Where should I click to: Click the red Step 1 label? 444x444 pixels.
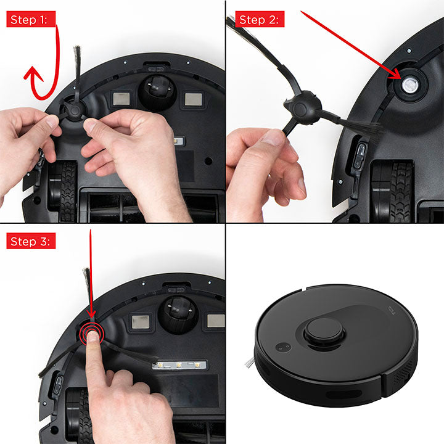pyautogui.click(x=31, y=19)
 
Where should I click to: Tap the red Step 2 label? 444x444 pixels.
pyautogui.click(x=260, y=19)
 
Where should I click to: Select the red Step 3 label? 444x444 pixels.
pyautogui.click(x=31, y=241)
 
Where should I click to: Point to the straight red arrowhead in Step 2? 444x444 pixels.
pyautogui.click(x=395, y=73)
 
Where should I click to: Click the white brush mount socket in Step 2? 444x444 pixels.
pyautogui.click(x=409, y=84)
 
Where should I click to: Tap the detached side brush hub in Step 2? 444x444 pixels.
pyautogui.click(x=302, y=108)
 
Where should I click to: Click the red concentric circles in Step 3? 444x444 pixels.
pyautogui.click(x=92, y=334)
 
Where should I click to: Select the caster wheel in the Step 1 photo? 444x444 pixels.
pyautogui.click(x=157, y=92)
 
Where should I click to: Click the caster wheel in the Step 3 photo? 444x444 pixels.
pyautogui.click(x=178, y=314)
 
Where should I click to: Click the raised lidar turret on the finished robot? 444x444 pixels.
pyautogui.click(x=324, y=333)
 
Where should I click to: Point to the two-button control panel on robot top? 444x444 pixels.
pyautogui.click(x=283, y=347)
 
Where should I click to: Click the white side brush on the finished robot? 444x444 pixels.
pyautogui.click(x=250, y=363)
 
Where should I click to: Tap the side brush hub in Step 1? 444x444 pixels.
pyautogui.click(x=74, y=110)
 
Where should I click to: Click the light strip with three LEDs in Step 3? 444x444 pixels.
pyautogui.click(x=179, y=365)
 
